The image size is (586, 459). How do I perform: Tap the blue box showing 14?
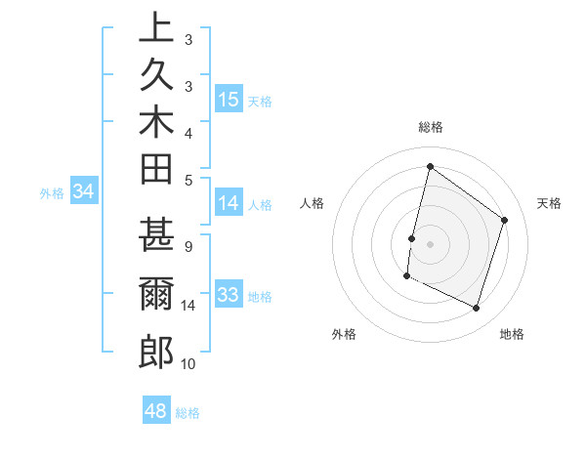229,203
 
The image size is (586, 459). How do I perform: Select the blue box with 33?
229,295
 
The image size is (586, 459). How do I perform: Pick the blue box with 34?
84,192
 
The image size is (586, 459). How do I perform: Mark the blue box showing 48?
156,411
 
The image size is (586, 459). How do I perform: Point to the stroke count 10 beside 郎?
188,364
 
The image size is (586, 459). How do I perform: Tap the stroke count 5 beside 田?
188,180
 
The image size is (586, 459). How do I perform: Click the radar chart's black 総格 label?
430,127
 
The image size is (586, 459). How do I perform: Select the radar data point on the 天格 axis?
505,220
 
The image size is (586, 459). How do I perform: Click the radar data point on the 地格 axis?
477,309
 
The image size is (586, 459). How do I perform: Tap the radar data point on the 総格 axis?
430,166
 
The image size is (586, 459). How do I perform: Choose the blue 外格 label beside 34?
52,193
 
